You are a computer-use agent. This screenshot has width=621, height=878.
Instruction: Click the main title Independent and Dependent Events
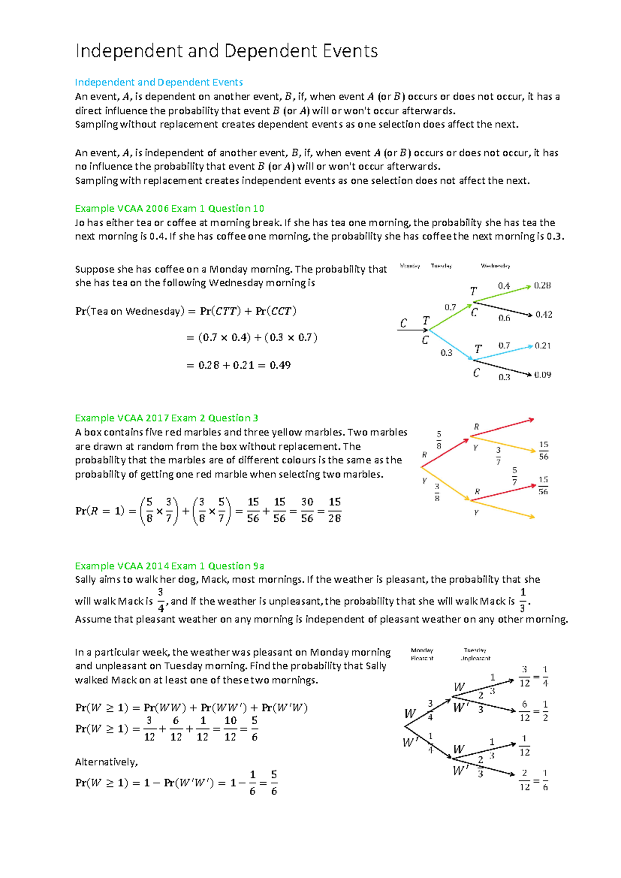pos(226,51)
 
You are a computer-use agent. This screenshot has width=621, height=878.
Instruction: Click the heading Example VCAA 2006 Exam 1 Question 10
pos(169,209)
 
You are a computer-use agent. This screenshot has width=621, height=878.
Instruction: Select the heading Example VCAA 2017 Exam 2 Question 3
pos(166,418)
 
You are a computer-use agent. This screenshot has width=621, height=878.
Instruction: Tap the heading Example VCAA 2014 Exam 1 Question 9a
pos(169,566)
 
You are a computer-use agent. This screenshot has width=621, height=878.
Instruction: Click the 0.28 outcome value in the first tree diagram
pos(542,286)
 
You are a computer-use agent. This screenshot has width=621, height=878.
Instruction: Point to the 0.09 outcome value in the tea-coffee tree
pos(542,375)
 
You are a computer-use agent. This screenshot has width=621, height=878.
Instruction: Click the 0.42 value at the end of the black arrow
pos(543,315)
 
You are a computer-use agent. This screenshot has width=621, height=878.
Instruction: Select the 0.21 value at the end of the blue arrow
pos(542,346)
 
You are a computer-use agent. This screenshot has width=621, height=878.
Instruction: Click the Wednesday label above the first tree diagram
pos(495,266)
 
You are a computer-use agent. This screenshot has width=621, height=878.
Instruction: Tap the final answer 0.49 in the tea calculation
pos(280,365)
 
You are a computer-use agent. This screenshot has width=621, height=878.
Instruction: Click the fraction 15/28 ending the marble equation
pos(334,510)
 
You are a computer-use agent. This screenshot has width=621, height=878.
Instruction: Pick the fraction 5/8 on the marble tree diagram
pos(439,440)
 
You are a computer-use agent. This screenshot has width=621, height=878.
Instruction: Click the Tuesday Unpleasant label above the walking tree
pos(475,654)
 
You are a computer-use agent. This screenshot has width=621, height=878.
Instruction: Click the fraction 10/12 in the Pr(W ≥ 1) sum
pos(230,729)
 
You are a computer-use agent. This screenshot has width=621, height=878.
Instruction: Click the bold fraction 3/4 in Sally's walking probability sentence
pos(160,600)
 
